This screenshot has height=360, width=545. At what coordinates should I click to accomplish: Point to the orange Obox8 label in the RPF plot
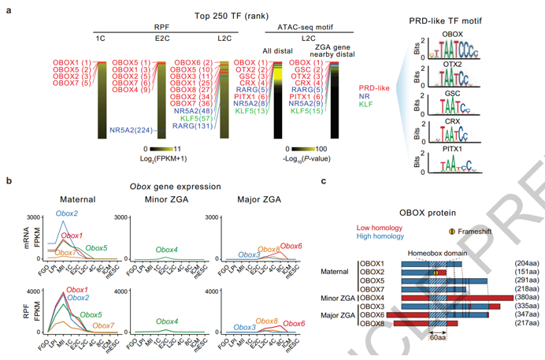click(x=268, y=321)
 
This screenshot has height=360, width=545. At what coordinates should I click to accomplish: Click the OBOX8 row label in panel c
click(x=373, y=323)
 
